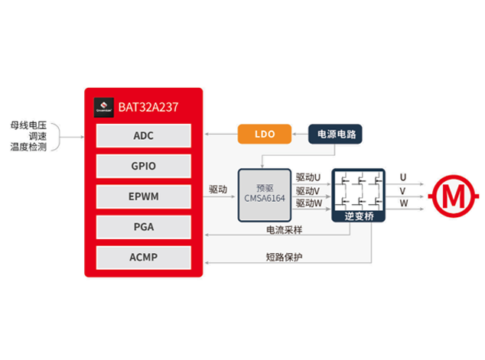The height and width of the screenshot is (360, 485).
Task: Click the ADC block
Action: (143, 135)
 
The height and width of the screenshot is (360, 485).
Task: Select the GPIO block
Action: (143, 165)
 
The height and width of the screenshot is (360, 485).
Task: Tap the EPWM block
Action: (143, 195)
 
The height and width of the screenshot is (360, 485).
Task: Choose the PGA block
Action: (143, 226)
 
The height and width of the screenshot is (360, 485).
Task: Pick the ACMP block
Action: (143, 257)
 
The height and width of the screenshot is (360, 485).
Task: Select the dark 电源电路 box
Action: (335, 135)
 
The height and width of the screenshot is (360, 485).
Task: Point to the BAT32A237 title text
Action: (148, 107)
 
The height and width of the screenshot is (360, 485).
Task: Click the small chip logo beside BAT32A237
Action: (104, 107)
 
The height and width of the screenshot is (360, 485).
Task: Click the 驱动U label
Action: (308, 178)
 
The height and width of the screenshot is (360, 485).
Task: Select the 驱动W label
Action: (308, 203)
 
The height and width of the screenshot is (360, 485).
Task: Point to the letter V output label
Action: (403, 190)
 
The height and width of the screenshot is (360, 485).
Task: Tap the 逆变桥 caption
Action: (359, 217)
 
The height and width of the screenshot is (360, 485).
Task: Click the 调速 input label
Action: (36, 135)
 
